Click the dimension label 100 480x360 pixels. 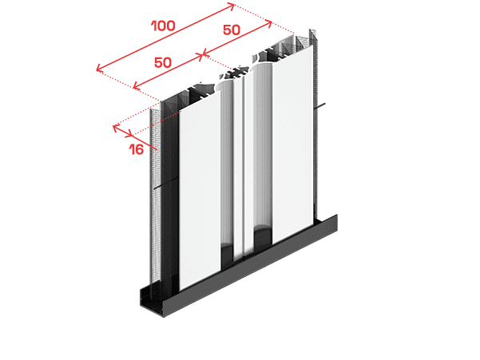pyautogui.click(x=164, y=26)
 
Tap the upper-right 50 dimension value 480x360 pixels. pyautogui.click(x=232, y=30)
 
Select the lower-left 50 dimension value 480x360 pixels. pyautogui.click(x=163, y=62)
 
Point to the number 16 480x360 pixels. pyautogui.click(x=137, y=149)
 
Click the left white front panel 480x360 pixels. pyautogui.click(x=200, y=190)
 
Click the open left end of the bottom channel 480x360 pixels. pyautogui.click(x=151, y=299)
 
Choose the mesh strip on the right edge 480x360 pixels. pyautogui.click(x=315, y=122)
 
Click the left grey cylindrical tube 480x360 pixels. pyautogui.click(x=227, y=172)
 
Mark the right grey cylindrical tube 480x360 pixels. pyautogui.click(x=262, y=153)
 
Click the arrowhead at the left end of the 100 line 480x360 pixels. pyautogui.click(x=98, y=69)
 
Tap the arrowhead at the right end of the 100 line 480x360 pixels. pyautogui.click(x=232, y=6)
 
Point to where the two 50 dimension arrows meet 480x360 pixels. pyautogui.click(x=202, y=55)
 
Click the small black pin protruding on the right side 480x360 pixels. pyautogui.click(x=321, y=106)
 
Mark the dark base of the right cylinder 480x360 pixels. pyautogui.click(x=263, y=237)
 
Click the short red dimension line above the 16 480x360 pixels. pyautogui.click(x=123, y=130)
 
